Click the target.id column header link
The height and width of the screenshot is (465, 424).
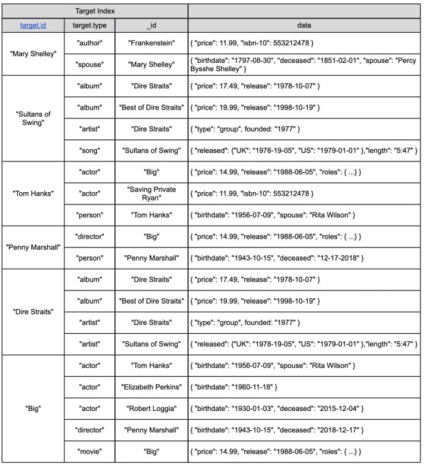click(x=34, y=25)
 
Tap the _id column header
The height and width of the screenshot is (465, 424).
click(x=151, y=25)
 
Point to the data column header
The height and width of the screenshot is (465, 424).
click(x=304, y=25)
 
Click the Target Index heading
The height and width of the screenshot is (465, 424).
click(x=96, y=11)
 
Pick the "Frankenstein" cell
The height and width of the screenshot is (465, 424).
click(x=151, y=42)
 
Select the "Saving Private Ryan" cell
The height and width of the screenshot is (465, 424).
click(x=151, y=193)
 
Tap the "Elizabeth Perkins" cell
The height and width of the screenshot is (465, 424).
click(x=151, y=387)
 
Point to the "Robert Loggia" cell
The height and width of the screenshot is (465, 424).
click(x=151, y=408)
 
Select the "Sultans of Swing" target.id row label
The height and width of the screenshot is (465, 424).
click(x=34, y=118)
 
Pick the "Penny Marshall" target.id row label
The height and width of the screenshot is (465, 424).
click(x=34, y=247)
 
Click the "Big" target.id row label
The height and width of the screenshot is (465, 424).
click(x=34, y=408)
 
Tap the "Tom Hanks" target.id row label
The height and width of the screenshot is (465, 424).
click(x=34, y=194)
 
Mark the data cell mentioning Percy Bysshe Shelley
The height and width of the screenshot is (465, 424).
click(x=304, y=64)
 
